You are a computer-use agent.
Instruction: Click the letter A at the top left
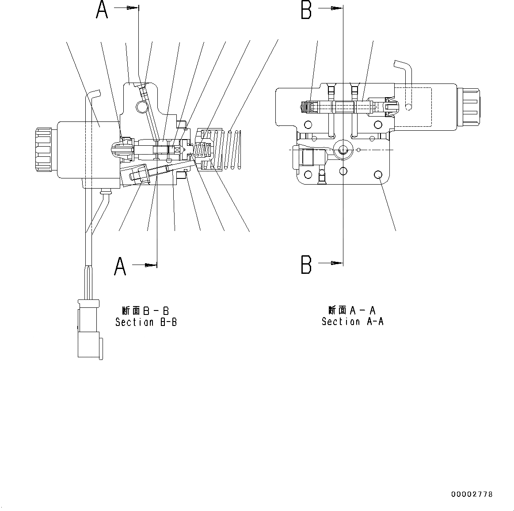(x=102, y=10)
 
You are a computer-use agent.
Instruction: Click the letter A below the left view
(x=120, y=266)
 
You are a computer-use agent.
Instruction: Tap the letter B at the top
(x=306, y=10)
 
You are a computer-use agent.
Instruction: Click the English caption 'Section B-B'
(x=146, y=322)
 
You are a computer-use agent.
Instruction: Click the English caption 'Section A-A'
(x=352, y=322)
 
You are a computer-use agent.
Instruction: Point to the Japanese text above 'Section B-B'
(x=145, y=311)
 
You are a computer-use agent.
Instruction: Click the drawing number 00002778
(x=472, y=494)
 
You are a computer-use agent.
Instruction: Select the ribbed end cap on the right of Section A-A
(x=468, y=107)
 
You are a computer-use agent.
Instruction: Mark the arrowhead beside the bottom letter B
(x=337, y=263)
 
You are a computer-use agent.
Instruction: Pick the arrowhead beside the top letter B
(x=337, y=8)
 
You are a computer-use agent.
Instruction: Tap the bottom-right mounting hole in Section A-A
(x=378, y=175)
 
